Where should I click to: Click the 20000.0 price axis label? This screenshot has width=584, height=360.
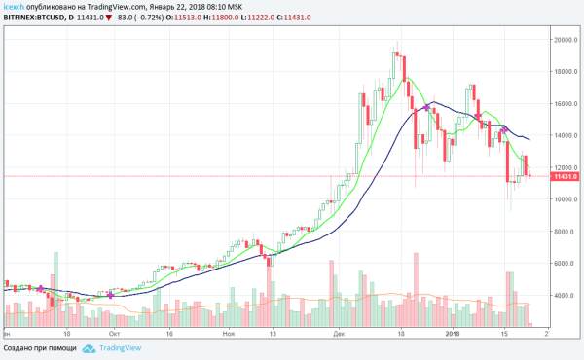click(565, 40)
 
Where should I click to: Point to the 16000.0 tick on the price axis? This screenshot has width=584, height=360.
click(565, 103)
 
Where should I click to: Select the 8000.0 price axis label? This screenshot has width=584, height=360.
click(566, 232)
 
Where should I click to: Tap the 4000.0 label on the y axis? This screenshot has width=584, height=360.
click(566, 295)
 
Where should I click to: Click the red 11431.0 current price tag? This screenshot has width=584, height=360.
click(565, 176)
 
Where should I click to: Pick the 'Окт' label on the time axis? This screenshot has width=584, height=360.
click(114, 334)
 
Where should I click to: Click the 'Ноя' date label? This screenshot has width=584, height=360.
click(229, 334)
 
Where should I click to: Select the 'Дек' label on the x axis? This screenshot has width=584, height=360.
click(339, 334)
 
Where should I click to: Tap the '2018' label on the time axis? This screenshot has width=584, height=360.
click(453, 334)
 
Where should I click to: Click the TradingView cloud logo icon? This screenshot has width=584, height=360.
click(89, 348)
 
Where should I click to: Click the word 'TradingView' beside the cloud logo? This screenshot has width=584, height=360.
click(121, 348)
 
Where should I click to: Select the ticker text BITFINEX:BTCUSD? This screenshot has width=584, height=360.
click(33, 18)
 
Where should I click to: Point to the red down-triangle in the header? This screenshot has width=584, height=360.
click(108, 18)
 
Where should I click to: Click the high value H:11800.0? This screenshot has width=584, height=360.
click(221, 18)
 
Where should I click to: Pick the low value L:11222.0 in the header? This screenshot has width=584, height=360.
click(258, 18)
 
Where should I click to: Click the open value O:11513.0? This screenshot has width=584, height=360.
click(184, 18)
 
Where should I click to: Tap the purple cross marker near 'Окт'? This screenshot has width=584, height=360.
click(111, 295)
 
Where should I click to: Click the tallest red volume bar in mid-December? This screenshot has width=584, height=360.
click(416, 290)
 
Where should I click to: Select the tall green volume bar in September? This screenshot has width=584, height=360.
click(55, 289)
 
